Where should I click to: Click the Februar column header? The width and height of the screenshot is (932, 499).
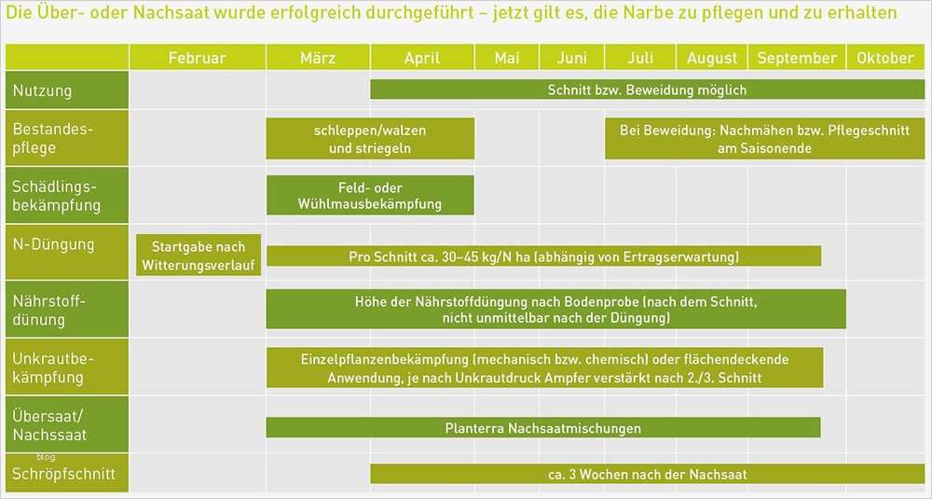tap(197, 58)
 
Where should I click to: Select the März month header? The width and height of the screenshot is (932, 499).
tap(318, 58)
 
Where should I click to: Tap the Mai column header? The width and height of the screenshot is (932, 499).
tap(507, 58)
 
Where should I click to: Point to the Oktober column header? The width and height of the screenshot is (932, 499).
tap(885, 58)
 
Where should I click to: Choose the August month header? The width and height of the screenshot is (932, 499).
tap(712, 58)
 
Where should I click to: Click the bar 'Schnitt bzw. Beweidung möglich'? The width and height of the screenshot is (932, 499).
tap(647, 90)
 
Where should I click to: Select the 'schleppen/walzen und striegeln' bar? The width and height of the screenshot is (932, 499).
tap(370, 139)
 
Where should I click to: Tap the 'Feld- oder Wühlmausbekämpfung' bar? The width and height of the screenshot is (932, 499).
tap(370, 196)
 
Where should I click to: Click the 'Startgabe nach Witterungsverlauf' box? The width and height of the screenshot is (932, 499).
tap(198, 256)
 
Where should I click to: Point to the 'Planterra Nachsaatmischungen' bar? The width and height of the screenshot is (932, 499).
tap(542, 428)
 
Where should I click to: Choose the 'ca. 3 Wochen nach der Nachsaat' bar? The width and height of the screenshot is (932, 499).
tap(647, 475)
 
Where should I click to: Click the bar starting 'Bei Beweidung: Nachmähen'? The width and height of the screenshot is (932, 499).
tap(764, 139)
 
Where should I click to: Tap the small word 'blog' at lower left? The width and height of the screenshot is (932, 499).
tap(47, 457)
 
